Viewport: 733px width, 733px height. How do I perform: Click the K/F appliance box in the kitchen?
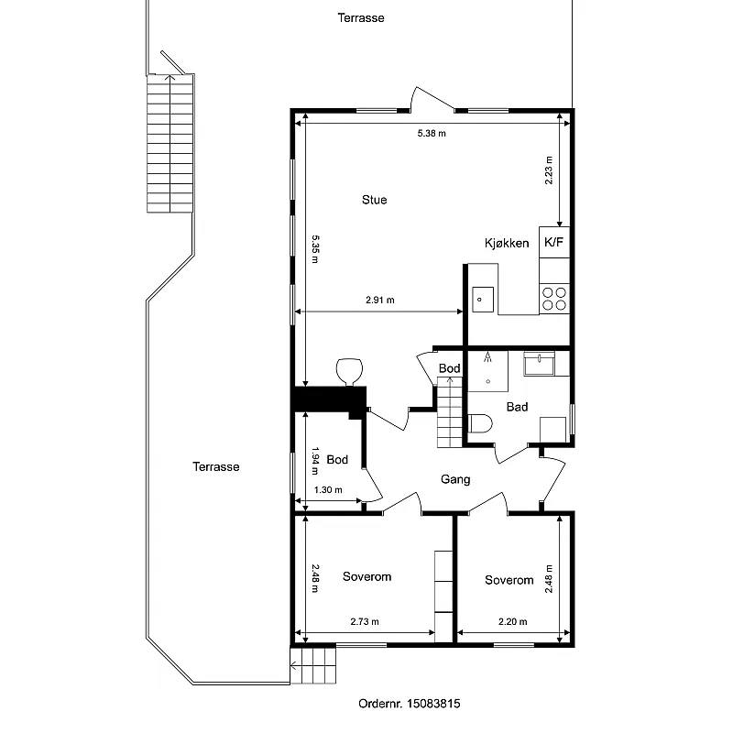[x=554, y=242]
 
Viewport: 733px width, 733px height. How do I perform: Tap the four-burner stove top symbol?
[x=554, y=299]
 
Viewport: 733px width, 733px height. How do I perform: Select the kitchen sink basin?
[x=483, y=300]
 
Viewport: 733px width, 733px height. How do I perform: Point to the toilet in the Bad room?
[x=480, y=424]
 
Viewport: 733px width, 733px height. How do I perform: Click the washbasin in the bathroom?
[x=539, y=364]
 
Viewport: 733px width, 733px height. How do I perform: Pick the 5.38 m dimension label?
[x=432, y=133]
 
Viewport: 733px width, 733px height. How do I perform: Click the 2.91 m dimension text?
[x=380, y=301]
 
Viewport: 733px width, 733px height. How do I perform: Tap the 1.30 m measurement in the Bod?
[x=328, y=490]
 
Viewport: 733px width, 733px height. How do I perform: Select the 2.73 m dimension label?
[x=365, y=622]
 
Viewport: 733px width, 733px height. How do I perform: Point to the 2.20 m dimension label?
[x=513, y=622]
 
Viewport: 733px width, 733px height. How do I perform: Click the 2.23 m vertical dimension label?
[x=549, y=170]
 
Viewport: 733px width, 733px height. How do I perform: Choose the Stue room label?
[x=375, y=200]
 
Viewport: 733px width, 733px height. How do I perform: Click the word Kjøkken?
[x=507, y=243]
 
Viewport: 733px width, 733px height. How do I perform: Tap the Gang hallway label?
[x=455, y=479]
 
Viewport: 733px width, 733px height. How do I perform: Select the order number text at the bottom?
[x=410, y=704]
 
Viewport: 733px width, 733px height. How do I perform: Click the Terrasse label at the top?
[x=361, y=17]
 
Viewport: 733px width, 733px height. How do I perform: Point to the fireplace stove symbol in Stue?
[x=350, y=372]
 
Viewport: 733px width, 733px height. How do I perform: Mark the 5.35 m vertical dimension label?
[x=315, y=249]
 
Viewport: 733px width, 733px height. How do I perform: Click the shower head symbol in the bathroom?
[x=487, y=357]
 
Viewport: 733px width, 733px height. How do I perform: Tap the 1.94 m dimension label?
[x=315, y=462]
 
